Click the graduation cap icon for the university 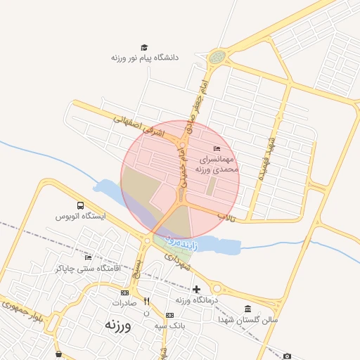144,47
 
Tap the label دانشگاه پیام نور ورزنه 144,58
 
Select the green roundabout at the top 217,56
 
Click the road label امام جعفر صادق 198,98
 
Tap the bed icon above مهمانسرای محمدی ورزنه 217,148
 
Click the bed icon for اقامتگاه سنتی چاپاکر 88,257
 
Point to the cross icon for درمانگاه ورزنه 196,289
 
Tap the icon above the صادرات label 124,292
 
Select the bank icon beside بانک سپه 169,315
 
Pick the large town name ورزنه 119,325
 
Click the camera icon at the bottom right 287,356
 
